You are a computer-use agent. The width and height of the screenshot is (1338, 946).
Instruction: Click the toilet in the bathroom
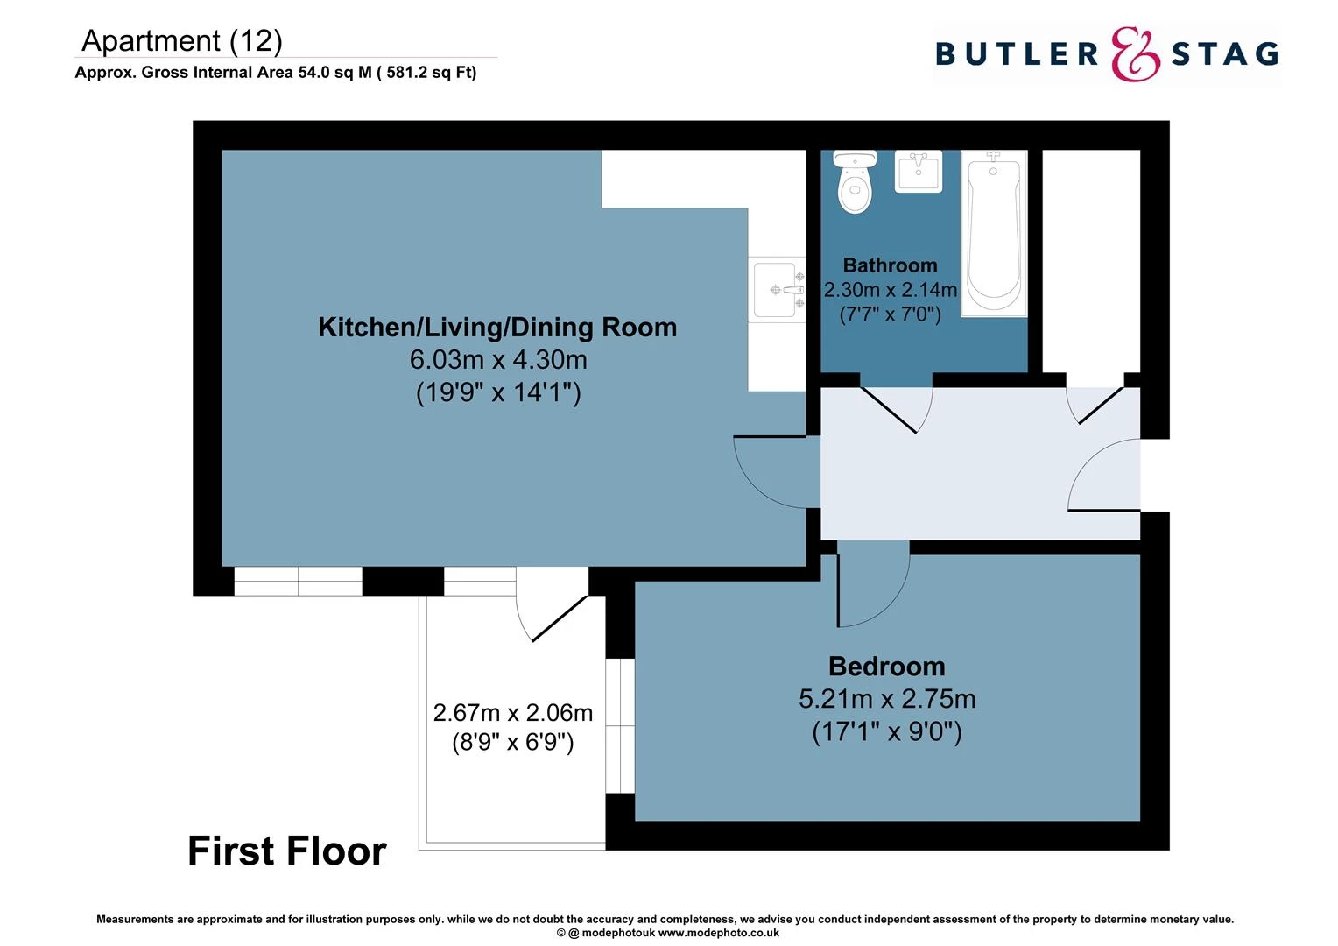pos(855,183)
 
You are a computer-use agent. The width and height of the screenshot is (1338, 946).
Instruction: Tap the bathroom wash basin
pos(918,171)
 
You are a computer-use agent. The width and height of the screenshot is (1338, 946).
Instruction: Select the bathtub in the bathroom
pos(993,233)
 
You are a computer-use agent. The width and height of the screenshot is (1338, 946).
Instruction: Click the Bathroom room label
pos(890,265)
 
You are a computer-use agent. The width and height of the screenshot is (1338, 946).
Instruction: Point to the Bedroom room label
pos(886,667)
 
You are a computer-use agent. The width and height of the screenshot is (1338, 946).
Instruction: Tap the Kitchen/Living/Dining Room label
pos(497,328)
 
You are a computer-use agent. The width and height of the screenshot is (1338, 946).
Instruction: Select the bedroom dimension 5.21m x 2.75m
pos(886,699)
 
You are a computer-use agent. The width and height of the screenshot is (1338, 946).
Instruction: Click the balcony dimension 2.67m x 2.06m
pos(513,713)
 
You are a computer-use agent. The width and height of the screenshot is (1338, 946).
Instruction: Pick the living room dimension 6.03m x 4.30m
pos(497,360)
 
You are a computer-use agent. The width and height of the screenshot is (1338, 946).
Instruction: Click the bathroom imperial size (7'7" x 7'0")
pos(890,314)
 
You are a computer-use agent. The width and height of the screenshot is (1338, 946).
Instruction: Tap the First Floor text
pos(286,851)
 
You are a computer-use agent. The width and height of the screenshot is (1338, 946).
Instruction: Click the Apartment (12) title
pos(182,41)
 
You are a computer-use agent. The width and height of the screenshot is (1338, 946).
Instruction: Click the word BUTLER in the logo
pos(1017,54)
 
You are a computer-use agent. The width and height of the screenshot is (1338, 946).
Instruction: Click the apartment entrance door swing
pos(1102,477)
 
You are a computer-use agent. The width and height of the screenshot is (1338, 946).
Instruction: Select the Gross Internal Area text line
pos(276,73)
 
